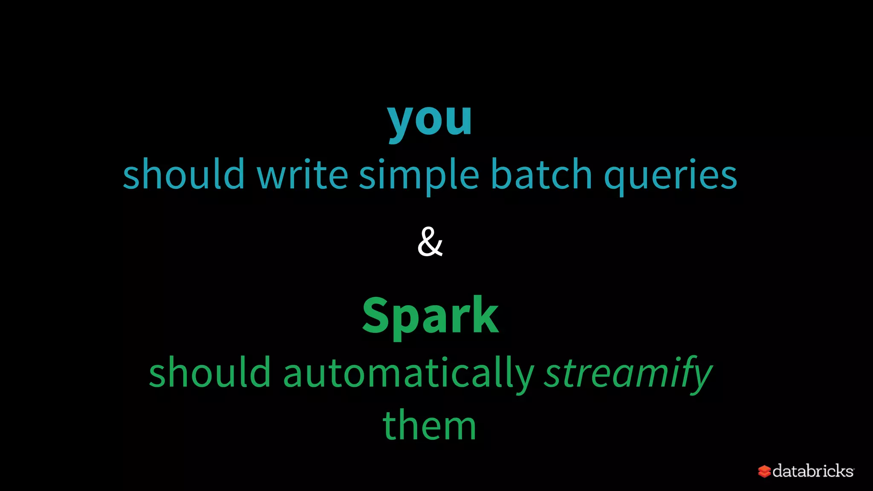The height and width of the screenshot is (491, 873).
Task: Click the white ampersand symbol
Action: tap(430, 242)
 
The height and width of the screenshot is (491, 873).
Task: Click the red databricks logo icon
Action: tap(764, 471)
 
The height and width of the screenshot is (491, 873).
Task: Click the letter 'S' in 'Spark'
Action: tap(377, 315)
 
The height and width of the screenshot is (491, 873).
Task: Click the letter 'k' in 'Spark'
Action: tap(484, 315)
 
